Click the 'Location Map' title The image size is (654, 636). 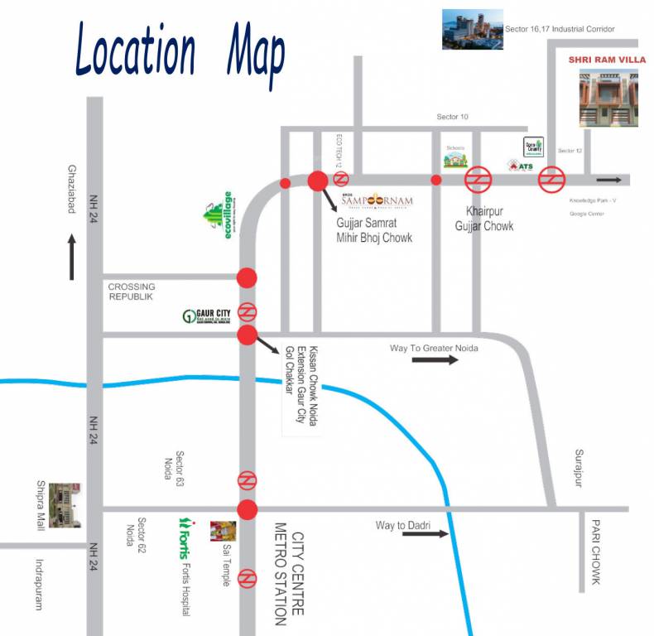[x=180, y=51]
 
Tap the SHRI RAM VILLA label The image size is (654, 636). [x=607, y=60]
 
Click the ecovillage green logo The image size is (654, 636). [x=219, y=215]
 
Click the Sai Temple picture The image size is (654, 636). [x=223, y=531]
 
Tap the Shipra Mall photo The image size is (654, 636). [x=65, y=504]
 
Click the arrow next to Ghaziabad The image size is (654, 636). [x=72, y=257]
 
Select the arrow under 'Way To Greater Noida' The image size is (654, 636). [x=435, y=359]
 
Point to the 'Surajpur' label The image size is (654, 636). [x=579, y=469]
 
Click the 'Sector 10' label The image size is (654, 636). [x=452, y=118]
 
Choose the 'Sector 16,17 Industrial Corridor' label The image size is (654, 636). [x=560, y=30]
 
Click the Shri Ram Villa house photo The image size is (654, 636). [x=608, y=98]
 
